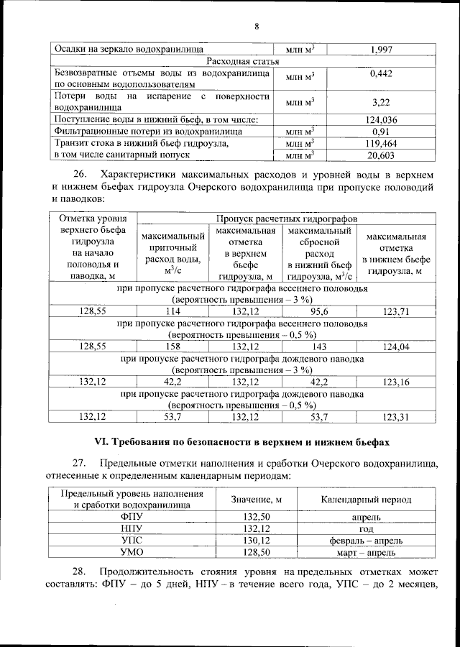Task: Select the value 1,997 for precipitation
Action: [382, 49]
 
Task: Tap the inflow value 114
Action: [172, 311]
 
